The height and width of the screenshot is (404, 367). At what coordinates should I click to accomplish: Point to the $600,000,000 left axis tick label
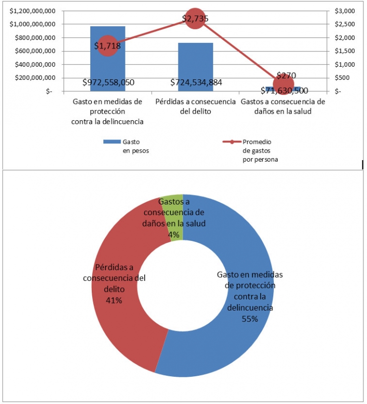coord(31,51)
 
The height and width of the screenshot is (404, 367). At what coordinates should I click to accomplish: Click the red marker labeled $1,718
coord(107,46)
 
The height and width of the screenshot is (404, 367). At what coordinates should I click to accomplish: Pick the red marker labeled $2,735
coord(195,19)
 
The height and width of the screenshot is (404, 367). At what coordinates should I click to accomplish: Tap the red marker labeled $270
coord(284,84)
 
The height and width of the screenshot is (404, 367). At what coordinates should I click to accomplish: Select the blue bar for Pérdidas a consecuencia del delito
coord(196,63)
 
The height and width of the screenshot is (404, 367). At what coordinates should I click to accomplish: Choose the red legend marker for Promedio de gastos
coord(232,142)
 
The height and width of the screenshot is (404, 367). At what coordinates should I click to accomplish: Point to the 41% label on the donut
coord(114,300)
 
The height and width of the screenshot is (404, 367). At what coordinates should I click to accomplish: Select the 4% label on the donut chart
coord(174,234)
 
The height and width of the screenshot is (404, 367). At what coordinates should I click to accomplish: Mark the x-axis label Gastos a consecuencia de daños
coord(283,106)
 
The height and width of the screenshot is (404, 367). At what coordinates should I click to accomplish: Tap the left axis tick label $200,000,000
coord(31,78)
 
